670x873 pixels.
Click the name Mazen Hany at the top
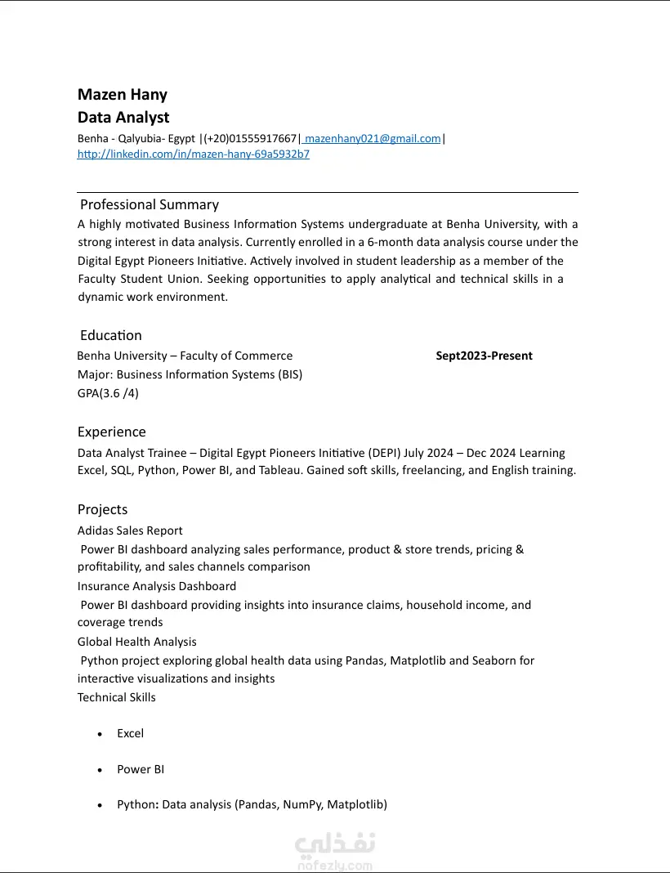pos(123,95)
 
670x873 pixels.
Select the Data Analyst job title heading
pos(123,118)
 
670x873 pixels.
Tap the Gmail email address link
pos(373,139)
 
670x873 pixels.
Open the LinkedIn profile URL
pos(194,154)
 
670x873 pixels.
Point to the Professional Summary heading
pos(150,204)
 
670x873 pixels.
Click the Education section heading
pos(111,335)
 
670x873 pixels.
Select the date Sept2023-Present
pos(484,356)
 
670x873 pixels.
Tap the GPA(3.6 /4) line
pos(108,393)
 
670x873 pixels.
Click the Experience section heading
pos(112,432)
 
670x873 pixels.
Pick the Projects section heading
pos(103,509)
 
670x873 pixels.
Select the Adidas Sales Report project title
pos(130,531)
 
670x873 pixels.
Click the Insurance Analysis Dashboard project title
pos(157,586)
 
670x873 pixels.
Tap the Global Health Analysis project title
pos(137,642)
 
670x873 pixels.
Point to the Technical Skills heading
pos(117,697)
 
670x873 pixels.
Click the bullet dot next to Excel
pos(100,734)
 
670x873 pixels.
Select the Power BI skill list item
pos(141,769)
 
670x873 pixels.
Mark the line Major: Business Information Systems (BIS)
pos(190,374)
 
